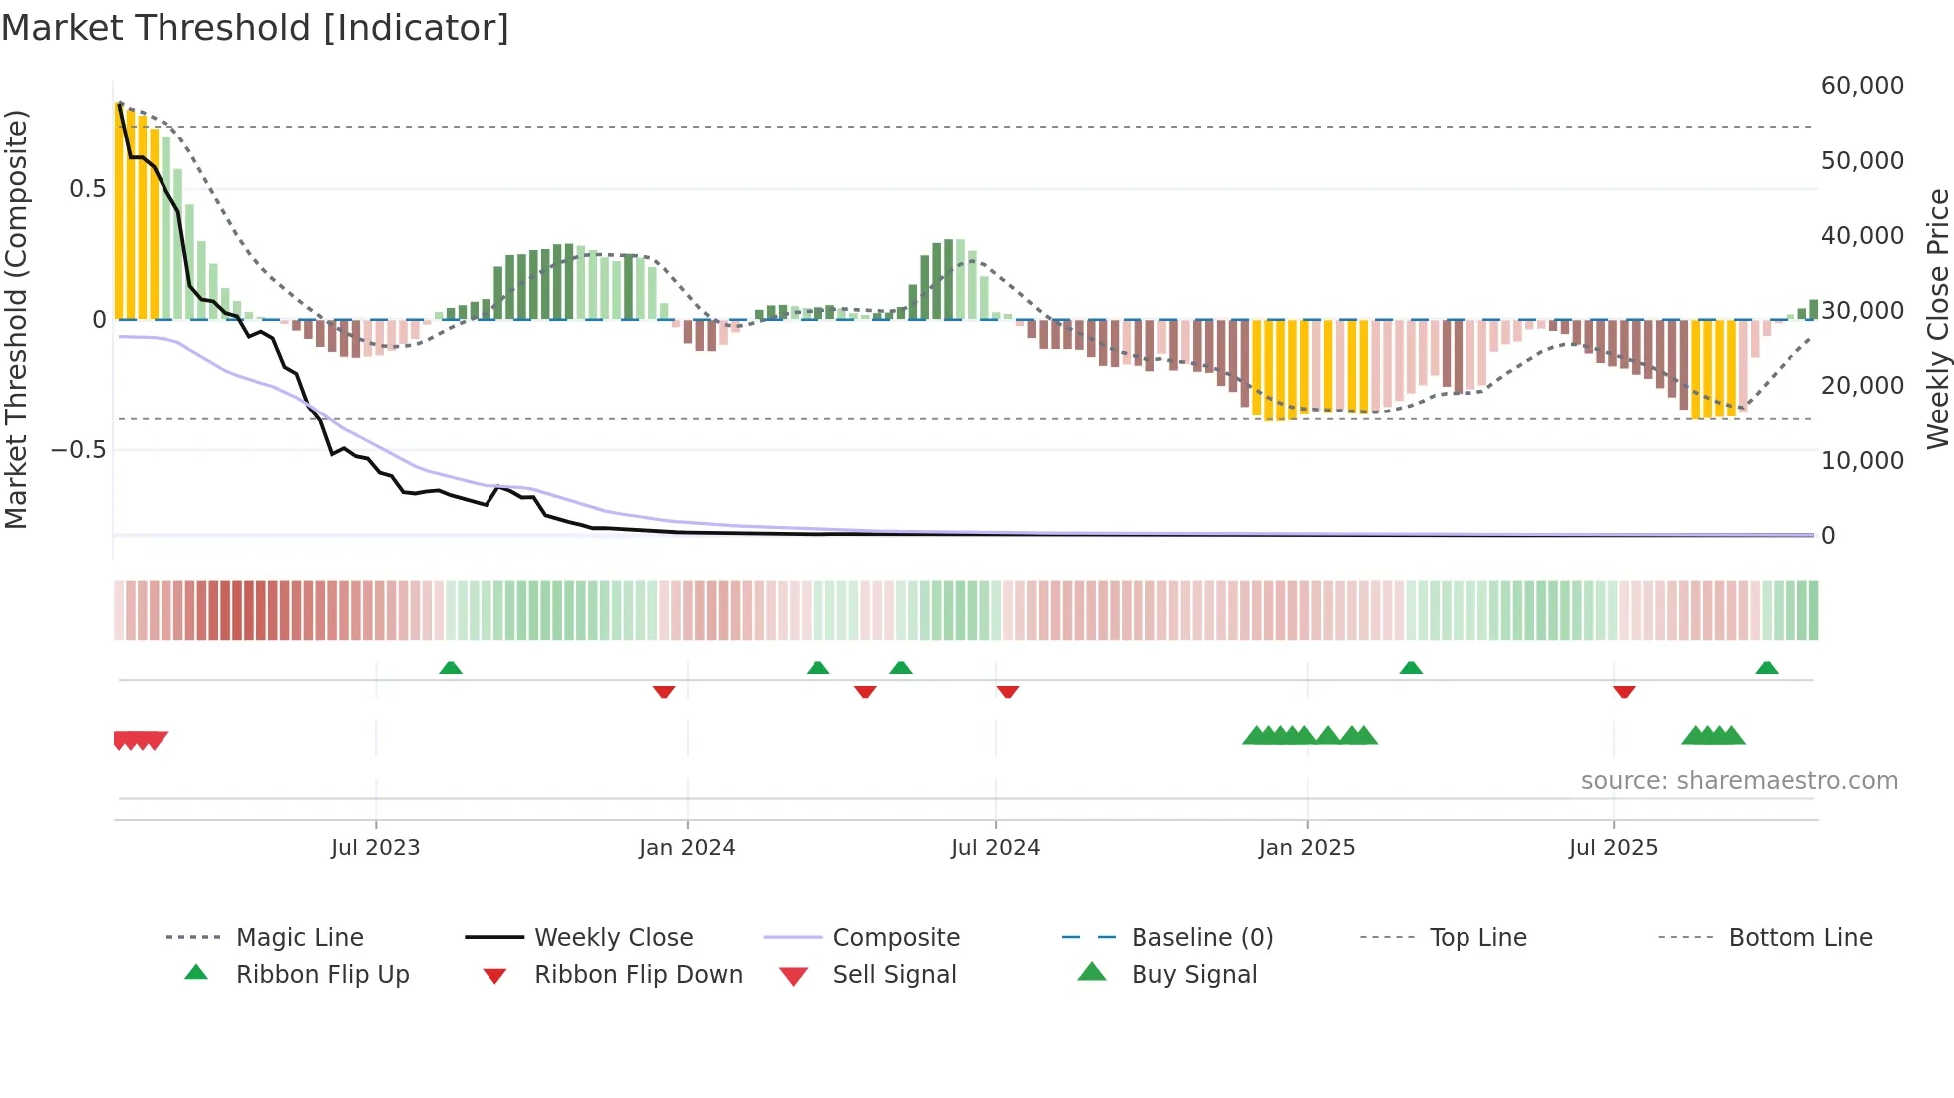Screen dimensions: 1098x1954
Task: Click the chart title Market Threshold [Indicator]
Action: [x=255, y=28]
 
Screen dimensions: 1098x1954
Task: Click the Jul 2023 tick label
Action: [x=375, y=848]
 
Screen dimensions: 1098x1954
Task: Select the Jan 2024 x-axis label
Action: [x=687, y=848]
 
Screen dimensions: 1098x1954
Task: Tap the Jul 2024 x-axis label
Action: [x=995, y=848]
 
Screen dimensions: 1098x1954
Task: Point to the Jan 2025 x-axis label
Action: [x=1306, y=848]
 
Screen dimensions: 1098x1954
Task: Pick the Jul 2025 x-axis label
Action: [x=1613, y=848]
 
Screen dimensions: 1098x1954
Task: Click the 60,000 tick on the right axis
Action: [x=1862, y=86]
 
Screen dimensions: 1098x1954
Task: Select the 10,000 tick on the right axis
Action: [x=1862, y=461]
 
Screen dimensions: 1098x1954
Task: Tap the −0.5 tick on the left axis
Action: [x=78, y=450]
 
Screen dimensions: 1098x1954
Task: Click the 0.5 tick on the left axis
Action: [x=88, y=189]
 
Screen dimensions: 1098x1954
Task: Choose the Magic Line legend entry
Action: [x=299, y=938]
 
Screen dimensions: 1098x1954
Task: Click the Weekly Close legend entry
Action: [x=613, y=938]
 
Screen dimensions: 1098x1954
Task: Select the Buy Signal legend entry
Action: [x=1193, y=975]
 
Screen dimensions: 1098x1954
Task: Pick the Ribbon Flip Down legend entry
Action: [x=638, y=975]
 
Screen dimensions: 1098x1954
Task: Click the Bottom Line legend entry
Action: [x=1799, y=938]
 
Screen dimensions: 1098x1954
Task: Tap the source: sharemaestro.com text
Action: [x=1739, y=781]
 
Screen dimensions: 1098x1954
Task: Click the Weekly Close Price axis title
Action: [x=1937, y=319]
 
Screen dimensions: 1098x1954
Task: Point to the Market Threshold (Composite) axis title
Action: [x=16, y=319]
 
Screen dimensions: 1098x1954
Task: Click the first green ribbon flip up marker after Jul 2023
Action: [x=451, y=667]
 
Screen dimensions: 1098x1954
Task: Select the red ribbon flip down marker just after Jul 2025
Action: [x=1624, y=691]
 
